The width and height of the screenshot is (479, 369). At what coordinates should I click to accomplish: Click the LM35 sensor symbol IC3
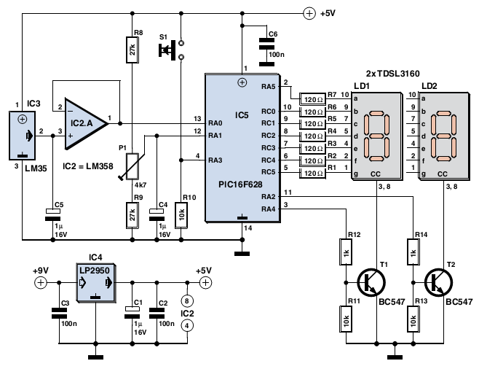tap(23, 135)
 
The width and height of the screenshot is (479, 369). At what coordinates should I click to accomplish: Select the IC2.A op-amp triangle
tap(86, 124)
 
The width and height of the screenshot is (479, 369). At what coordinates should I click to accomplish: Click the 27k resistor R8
tap(132, 50)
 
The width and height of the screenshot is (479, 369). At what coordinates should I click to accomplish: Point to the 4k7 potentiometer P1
tap(132, 166)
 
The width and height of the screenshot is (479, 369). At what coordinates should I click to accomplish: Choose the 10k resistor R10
tap(181, 215)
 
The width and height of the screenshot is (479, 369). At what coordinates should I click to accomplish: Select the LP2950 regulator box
tap(95, 283)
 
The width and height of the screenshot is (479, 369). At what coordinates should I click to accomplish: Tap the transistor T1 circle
tap(371, 282)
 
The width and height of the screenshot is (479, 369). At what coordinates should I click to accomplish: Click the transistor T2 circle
tap(439, 282)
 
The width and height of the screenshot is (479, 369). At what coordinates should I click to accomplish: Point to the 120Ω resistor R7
tap(313, 99)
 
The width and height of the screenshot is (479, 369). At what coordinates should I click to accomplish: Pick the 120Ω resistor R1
tap(313, 173)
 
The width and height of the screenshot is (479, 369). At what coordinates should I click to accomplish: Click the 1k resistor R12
tap(346, 252)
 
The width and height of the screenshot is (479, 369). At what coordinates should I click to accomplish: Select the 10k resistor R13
tap(413, 319)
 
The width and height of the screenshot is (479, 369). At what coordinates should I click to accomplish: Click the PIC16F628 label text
tap(240, 184)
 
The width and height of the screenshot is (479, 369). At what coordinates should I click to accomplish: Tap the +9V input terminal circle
tap(41, 283)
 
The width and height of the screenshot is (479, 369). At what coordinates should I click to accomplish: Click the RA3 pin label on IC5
tap(215, 160)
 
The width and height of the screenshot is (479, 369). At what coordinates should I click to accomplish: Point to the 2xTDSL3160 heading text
tap(393, 74)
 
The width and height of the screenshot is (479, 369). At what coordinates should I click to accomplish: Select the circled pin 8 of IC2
tap(187, 300)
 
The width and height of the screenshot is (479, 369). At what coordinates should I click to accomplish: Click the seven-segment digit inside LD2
tap(443, 136)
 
